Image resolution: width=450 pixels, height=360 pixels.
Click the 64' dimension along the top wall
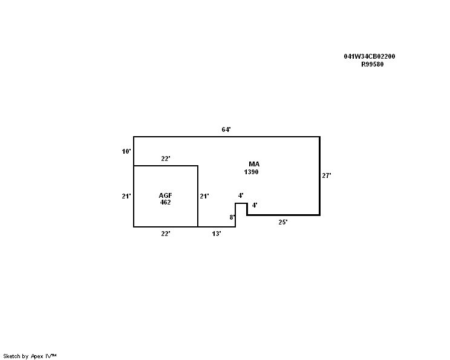click(226, 129)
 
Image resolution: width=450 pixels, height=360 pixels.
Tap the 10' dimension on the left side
click(126, 151)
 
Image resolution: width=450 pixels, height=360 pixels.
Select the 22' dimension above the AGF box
click(166, 159)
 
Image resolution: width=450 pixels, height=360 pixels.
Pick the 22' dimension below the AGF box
click(166, 234)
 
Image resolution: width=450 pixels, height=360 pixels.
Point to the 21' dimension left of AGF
click(126, 196)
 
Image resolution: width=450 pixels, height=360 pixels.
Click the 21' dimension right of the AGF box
click(204, 196)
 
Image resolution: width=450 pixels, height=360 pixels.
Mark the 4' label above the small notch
click(241, 195)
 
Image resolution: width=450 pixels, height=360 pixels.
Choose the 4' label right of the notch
click(255, 205)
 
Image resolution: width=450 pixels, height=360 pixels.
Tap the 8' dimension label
click(232, 217)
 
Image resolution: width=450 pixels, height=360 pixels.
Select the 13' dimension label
click(217, 234)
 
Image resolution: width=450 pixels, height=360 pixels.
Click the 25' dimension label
click(283, 222)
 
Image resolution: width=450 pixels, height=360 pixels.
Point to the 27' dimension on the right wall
click(327, 175)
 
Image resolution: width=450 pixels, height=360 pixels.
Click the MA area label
click(254, 164)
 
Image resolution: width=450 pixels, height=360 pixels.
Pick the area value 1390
click(252, 172)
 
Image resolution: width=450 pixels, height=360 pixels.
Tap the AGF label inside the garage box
click(165, 195)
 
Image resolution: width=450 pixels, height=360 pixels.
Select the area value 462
click(165, 202)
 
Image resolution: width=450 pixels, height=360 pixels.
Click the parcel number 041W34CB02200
click(370, 56)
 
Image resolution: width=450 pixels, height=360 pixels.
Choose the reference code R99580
click(372, 64)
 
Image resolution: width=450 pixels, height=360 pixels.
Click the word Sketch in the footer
click(11, 356)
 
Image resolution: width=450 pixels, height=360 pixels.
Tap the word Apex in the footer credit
click(37, 356)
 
